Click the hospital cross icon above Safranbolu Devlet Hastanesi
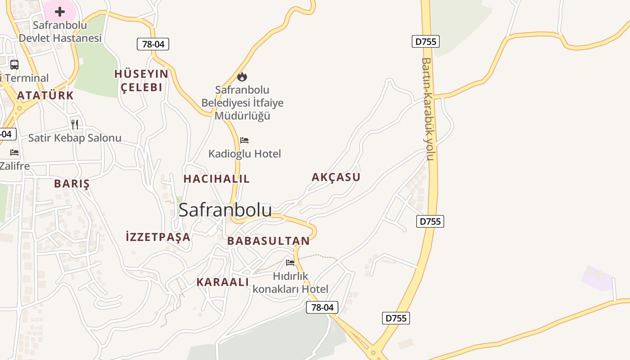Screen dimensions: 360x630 point(60,12)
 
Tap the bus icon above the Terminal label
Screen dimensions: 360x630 point(14,64)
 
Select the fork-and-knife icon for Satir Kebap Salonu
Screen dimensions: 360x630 point(75,124)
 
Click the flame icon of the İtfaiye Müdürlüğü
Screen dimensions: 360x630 point(242,76)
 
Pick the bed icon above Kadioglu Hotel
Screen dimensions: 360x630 point(244,140)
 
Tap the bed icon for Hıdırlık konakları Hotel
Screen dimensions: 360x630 point(290,262)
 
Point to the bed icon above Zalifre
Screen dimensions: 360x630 point(14,153)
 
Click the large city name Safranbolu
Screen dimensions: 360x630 point(225,210)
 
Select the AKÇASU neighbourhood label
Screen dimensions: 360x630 point(336,177)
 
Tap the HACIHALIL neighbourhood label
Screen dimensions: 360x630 point(216,179)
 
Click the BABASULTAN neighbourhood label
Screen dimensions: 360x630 point(268,241)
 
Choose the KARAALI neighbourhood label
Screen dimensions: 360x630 point(222,282)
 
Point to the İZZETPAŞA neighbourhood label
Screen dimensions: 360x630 point(158,237)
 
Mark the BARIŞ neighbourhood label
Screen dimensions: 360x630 point(72,184)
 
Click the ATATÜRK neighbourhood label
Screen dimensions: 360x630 point(45,95)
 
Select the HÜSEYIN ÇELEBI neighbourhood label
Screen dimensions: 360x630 point(141,81)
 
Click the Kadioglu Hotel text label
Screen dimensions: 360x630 point(244,154)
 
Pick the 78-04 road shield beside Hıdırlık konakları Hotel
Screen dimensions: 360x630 point(322,307)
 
